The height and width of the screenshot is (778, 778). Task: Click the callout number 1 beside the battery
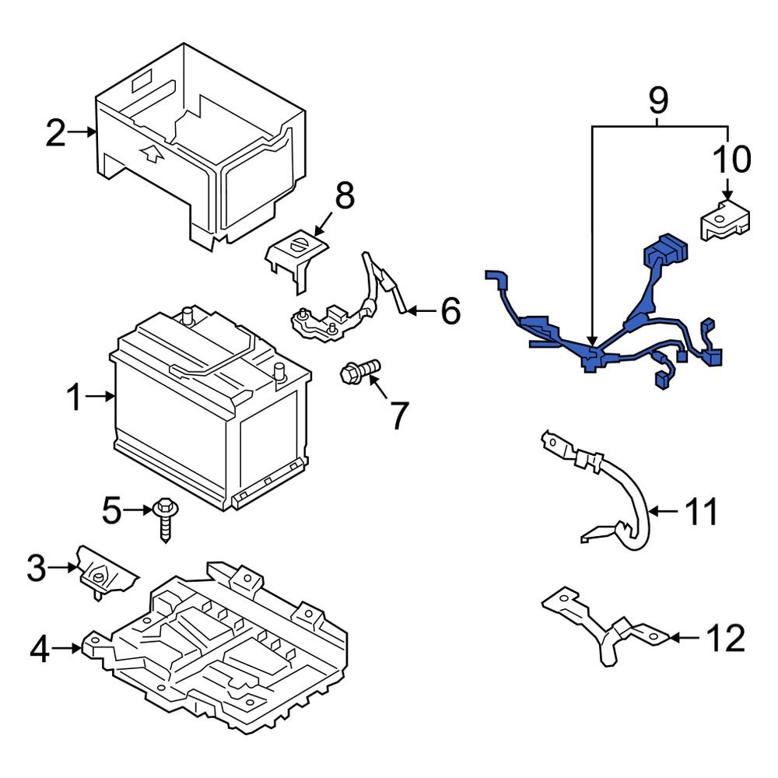tap(75, 397)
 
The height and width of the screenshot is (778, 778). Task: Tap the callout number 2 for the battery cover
tap(55, 132)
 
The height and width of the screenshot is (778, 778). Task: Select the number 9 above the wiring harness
tap(658, 100)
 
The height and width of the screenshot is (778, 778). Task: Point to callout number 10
tap(732, 159)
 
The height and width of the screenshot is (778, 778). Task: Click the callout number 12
tap(725, 638)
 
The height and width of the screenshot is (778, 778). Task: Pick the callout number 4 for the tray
tap(40, 650)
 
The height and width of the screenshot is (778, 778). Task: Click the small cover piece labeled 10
tap(724, 221)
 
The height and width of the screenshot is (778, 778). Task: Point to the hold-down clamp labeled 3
tap(106, 573)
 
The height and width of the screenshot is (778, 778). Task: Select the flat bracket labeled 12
tap(606, 625)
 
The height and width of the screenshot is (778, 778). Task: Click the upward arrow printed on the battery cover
tap(152, 154)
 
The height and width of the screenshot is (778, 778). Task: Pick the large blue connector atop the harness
tap(666, 250)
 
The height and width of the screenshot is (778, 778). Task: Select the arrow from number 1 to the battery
tap(100, 397)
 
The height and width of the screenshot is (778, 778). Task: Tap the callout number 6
tap(450, 311)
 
